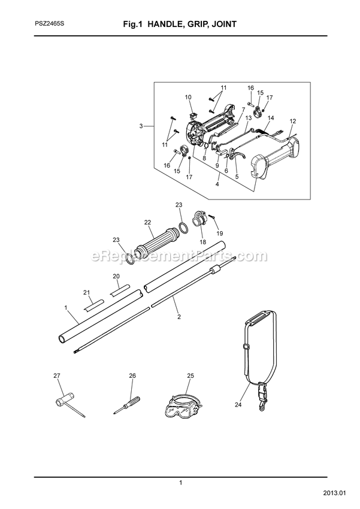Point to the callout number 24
238,405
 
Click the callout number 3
141,126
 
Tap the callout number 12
293,121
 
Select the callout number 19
220,233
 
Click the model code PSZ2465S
49,24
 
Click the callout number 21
86,292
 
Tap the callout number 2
179,317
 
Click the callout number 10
188,97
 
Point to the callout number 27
57,375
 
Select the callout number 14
271,118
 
